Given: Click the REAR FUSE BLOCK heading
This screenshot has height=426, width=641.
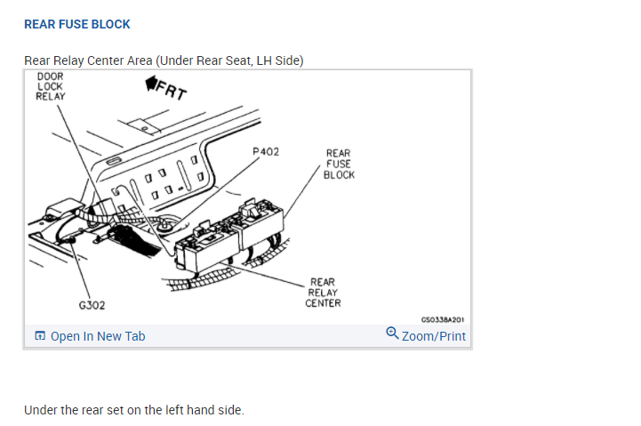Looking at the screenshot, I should tap(76, 24).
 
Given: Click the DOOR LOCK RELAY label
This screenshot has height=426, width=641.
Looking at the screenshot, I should tap(50, 86).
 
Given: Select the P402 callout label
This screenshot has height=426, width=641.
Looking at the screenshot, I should tap(265, 152).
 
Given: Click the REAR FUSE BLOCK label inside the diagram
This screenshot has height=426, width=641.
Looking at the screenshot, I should tap(339, 164).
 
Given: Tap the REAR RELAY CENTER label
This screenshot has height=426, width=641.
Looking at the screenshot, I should tap(323, 293).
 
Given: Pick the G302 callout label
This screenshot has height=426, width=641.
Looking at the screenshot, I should tap(92, 305).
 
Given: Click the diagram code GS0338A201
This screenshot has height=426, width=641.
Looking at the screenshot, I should tap(442, 318).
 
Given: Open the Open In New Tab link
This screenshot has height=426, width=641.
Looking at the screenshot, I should tap(98, 336).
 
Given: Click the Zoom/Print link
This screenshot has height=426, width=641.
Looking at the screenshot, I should tap(433, 336).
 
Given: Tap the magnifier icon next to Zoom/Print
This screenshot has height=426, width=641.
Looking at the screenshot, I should tap(392, 334).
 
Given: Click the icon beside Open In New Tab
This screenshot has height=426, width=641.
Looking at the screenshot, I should tap(39, 336).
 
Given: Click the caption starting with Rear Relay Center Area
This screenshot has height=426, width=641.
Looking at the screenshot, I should tap(164, 60).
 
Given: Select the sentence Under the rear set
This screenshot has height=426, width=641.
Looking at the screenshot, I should tap(133, 410).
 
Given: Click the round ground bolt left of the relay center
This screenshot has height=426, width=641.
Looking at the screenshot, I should tap(164, 228).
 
